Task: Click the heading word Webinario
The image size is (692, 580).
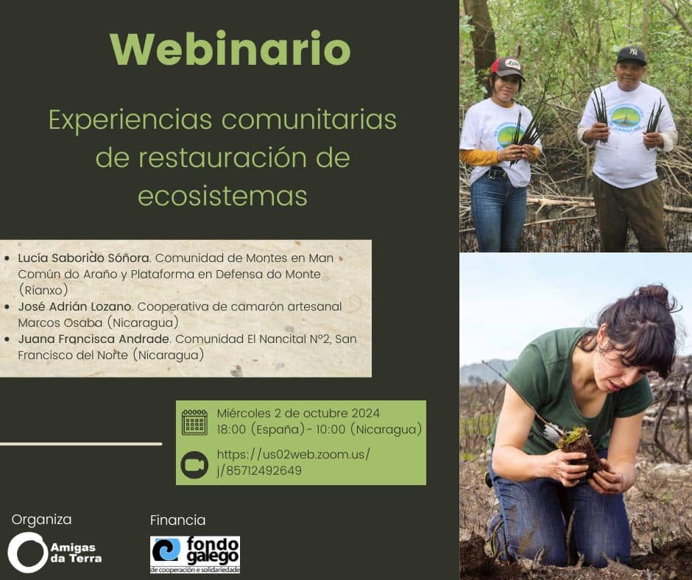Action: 230,49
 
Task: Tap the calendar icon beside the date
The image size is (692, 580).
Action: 194,422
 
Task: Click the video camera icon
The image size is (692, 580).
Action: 194,464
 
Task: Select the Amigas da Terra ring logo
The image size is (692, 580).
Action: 27,553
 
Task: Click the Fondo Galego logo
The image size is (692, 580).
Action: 195,554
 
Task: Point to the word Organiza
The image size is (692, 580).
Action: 41,520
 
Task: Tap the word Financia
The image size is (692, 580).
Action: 178,520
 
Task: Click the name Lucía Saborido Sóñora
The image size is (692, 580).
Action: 84,258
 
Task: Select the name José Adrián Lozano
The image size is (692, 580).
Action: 74,306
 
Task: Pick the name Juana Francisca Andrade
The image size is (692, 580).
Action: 93,339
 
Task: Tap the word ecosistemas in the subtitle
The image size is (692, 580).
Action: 222,196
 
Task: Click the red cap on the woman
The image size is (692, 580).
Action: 507,68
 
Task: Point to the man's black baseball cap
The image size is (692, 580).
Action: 631,56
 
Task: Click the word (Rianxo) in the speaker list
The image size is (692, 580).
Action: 43,290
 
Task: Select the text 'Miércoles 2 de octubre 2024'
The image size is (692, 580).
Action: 298,413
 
